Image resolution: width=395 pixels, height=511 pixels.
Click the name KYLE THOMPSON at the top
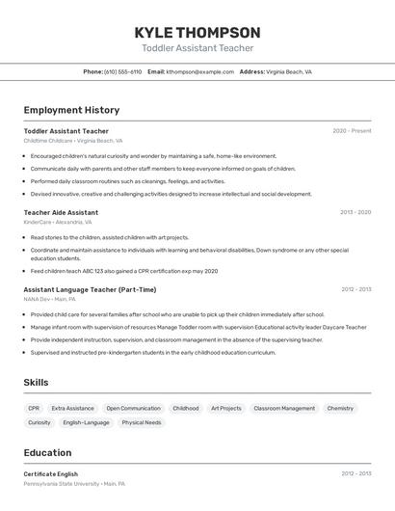coord(197,32)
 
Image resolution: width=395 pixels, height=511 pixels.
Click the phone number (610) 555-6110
coord(122,71)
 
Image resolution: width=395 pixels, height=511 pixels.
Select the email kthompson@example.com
coord(200,71)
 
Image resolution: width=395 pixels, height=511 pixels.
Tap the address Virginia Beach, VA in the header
coord(288,71)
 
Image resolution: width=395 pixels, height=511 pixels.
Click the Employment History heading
coord(71,110)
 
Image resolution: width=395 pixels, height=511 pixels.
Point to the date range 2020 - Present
coord(352,131)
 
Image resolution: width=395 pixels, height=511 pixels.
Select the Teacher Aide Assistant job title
coord(61,212)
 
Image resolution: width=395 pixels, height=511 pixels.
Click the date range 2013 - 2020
coord(355,212)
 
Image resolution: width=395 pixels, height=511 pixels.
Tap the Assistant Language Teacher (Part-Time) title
coord(90,289)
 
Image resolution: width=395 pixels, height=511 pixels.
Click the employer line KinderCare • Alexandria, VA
coord(58,222)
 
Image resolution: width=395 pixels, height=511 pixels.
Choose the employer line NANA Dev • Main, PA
coord(51,299)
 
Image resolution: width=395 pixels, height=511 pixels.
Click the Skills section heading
coord(36,383)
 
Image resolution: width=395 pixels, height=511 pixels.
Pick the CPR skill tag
coord(34,408)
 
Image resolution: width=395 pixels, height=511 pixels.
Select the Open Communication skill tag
coord(133,408)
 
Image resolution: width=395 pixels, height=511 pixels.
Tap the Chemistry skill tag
coord(340,408)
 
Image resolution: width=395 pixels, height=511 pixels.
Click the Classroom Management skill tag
coord(284,408)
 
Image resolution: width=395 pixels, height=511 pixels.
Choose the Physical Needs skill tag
coord(141,422)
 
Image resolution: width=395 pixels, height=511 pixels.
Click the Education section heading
coord(47,452)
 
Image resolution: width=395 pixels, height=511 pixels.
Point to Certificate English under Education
coord(51,473)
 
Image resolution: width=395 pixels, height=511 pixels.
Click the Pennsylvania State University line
coord(73,483)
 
